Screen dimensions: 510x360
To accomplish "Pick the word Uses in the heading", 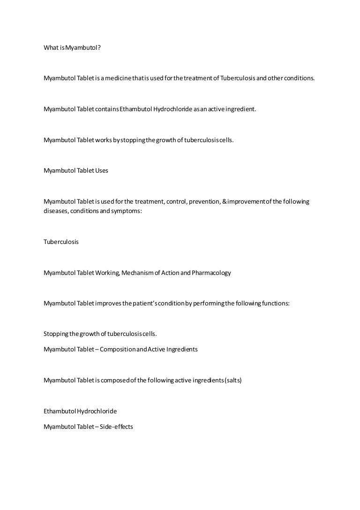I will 102,171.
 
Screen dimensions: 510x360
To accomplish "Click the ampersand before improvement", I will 225,202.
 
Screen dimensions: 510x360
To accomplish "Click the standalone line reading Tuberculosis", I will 61,242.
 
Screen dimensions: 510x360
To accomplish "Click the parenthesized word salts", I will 233,381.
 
